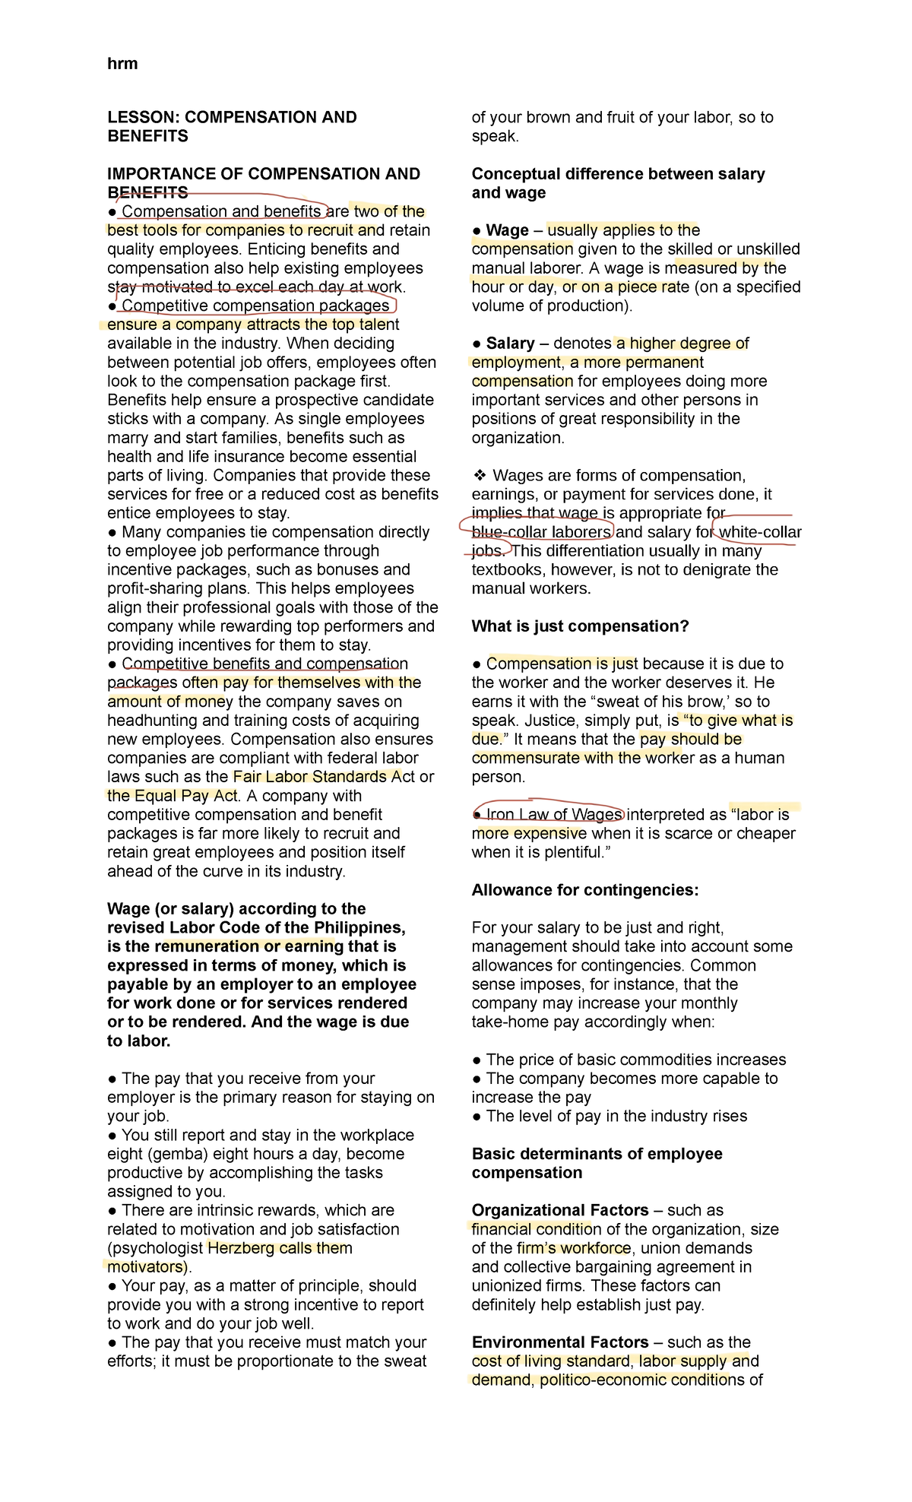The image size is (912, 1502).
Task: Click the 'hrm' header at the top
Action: click(122, 64)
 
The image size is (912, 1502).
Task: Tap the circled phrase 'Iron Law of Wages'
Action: click(554, 815)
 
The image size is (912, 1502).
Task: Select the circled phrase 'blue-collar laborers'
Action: click(541, 532)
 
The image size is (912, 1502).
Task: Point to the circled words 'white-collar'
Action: click(760, 532)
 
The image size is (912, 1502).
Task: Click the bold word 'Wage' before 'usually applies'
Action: click(507, 230)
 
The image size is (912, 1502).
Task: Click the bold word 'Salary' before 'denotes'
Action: click(510, 344)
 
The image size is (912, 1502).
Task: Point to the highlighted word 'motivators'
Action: click(145, 1267)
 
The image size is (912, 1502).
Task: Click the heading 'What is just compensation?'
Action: click(580, 626)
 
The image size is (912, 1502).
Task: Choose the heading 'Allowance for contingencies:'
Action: click(584, 890)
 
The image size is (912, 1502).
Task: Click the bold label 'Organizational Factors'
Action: click(560, 1210)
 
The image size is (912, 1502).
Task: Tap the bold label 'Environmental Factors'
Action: click(560, 1342)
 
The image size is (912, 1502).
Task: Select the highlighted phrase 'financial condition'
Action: click(531, 1229)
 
